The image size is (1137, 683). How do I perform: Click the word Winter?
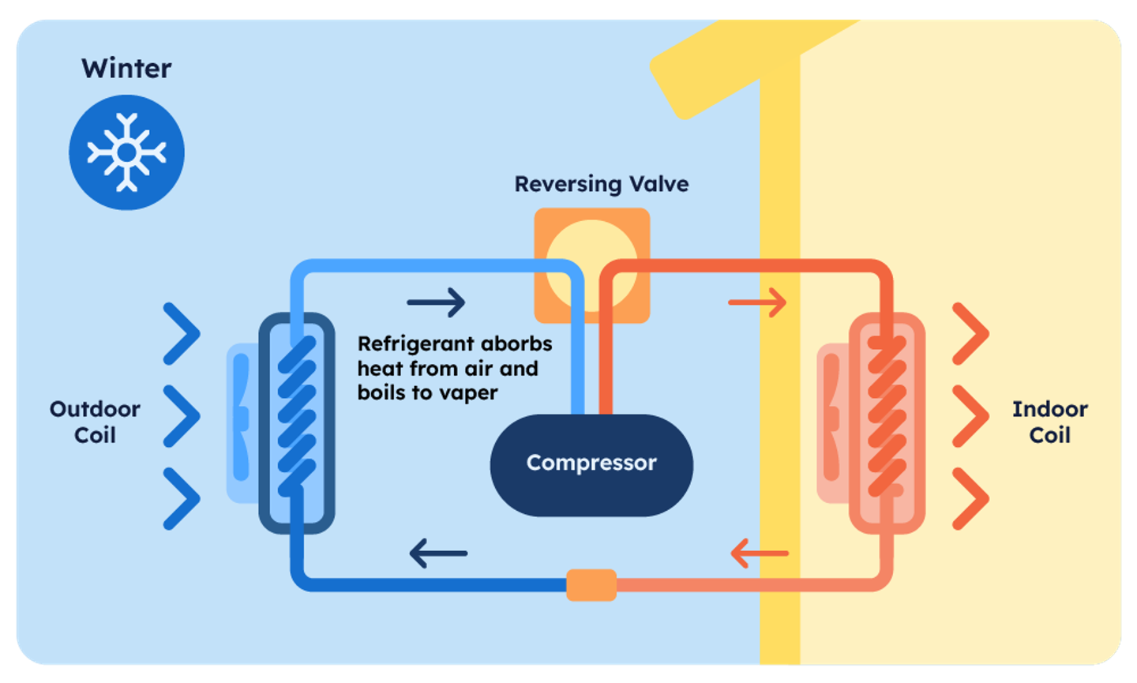point(126,69)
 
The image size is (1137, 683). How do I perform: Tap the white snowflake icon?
point(126,152)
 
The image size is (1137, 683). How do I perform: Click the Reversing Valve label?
point(602,184)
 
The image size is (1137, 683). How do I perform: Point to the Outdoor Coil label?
point(95,422)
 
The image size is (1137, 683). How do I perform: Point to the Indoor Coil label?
point(1049,422)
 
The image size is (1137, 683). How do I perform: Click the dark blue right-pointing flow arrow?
point(437,302)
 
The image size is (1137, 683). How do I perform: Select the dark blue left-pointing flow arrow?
point(438,554)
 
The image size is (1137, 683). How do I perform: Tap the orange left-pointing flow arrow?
point(760,554)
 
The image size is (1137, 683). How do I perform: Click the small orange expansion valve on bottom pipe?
point(591,585)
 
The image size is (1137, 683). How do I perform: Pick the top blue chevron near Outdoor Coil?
point(182,333)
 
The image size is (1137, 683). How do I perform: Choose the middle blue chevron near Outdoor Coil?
point(182,415)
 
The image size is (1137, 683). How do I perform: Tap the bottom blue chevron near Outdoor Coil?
point(182,498)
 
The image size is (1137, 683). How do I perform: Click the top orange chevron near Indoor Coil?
point(970,333)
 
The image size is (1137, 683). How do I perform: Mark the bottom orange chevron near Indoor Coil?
point(970,498)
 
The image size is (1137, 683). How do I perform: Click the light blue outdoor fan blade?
point(241,422)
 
